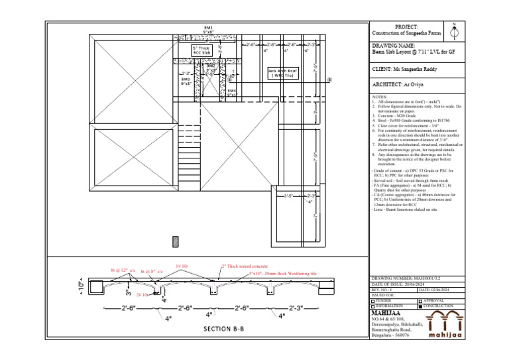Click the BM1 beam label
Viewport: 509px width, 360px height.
click(x=208, y=29)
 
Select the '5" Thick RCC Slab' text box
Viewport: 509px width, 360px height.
click(x=201, y=50)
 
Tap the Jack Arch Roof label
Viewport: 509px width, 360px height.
click(x=282, y=73)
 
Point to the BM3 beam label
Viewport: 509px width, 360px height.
click(x=186, y=82)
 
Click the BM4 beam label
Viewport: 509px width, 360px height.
click(x=231, y=92)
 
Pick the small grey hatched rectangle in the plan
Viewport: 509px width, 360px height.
click(x=176, y=241)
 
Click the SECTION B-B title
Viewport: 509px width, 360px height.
click(x=223, y=329)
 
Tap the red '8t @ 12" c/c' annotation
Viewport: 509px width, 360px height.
click(x=123, y=270)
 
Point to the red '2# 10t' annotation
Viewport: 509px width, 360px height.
click(x=142, y=294)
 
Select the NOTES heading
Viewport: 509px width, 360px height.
click(x=380, y=96)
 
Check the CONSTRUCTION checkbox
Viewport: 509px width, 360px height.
click(x=420, y=306)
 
